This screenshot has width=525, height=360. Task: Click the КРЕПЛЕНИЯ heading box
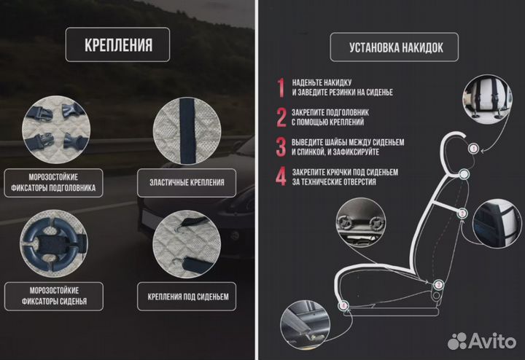click(x=117, y=44)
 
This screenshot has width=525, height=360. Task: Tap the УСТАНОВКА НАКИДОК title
click(x=396, y=47)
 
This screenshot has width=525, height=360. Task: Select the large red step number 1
click(x=281, y=87)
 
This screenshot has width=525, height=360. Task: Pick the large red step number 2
click(x=281, y=117)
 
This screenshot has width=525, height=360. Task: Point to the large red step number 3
click(x=281, y=147)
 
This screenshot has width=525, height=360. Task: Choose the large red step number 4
click(x=281, y=176)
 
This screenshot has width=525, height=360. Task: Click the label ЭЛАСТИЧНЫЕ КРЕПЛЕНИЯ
click(x=187, y=183)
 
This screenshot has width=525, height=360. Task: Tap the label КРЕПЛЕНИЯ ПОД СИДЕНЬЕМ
click(x=188, y=297)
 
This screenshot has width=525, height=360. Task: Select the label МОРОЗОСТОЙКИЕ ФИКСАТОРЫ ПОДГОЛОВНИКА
click(x=53, y=182)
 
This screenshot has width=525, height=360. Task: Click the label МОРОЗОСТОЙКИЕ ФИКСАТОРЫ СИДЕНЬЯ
click(x=54, y=296)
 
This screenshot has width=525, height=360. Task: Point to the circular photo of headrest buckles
click(x=56, y=130)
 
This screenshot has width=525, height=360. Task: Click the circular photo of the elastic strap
click(x=187, y=131)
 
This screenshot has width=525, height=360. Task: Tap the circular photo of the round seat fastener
click(x=53, y=243)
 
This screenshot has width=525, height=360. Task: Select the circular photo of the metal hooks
click(x=187, y=244)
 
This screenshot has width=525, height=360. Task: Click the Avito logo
click(x=482, y=341)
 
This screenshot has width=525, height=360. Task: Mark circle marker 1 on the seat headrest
click(x=473, y=148)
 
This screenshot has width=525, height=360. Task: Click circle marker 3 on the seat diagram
click(x=438, y=285)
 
